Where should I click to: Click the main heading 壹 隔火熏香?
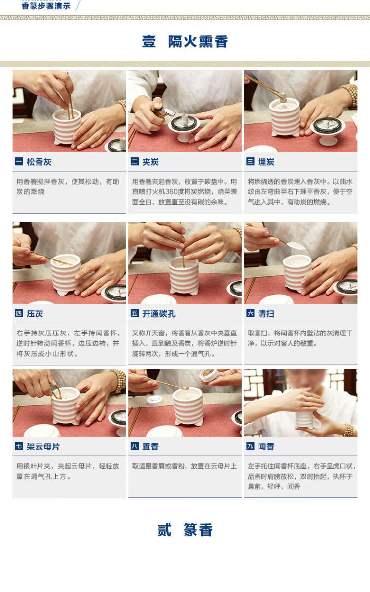pos(185,41)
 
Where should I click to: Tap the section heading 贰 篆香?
pos(185,530)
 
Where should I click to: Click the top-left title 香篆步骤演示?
pos(46,6)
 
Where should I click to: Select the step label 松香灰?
pos(39,162)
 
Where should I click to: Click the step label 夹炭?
pos(150,162)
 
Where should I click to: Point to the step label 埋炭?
pos(266,162)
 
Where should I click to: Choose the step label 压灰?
pos(35,313)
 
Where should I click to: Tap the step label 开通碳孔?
pos(159,313)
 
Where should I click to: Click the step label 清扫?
pos(266,313)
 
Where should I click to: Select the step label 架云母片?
pos(43,446)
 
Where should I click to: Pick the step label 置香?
pos(150,446)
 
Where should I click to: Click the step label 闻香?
pos(266,446)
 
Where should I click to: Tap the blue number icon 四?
pos(19,313)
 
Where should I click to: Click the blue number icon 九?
pos(250,446)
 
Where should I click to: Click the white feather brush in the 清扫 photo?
pos(296,246)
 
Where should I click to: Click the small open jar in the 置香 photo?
pos(209,375)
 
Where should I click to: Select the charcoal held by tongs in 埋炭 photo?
pos(283,97)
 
